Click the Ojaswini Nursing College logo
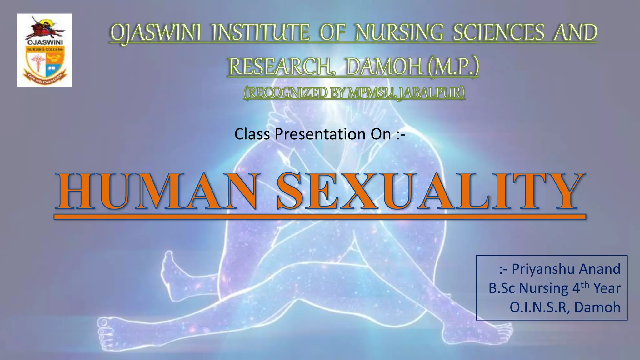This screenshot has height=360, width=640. coord(45,50)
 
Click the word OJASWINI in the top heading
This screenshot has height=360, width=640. coord(156,33)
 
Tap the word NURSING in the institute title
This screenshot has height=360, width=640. coord(399,33)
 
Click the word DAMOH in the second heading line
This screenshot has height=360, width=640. coord(384,67)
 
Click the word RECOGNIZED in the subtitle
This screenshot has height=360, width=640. coord(286,93)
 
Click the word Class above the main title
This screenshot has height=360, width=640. coord(252,134)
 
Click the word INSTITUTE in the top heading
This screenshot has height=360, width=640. coord(261,33)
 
